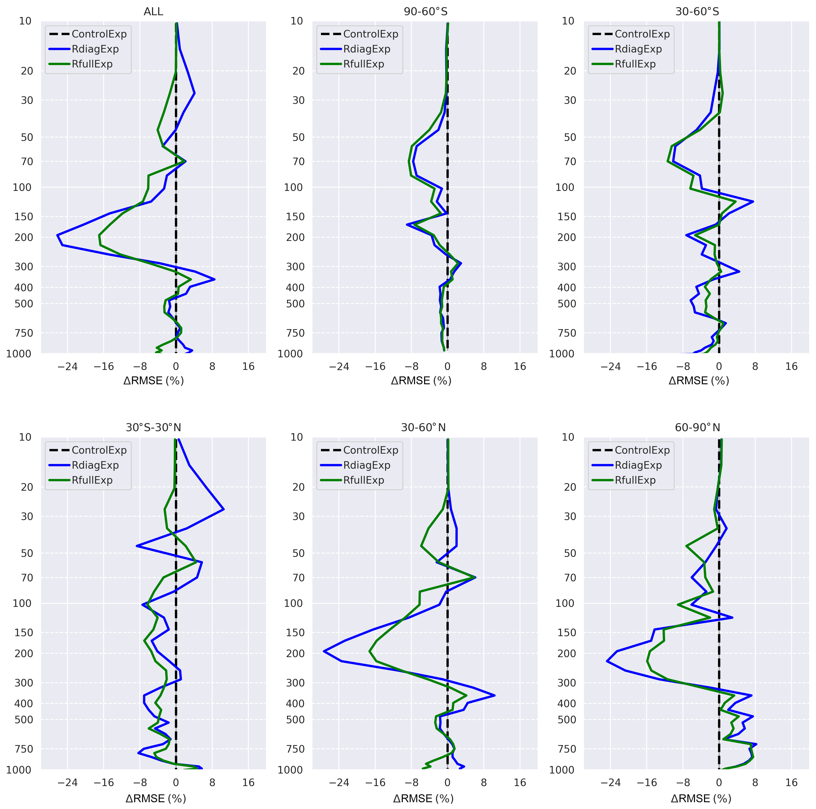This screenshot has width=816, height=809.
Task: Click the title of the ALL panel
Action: coord(153,12)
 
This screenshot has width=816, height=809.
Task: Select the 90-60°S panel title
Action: coord(425,12)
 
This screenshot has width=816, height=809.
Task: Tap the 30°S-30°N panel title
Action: coord(153,427)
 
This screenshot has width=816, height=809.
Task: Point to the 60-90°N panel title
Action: coord(697,427)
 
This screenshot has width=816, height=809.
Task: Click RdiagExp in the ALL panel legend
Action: coord(95,49)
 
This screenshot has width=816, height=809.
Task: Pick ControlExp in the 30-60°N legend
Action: coord(370,450)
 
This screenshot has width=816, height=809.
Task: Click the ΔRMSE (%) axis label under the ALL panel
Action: coord(153,381)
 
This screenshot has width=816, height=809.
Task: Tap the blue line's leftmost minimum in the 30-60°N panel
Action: coord(324,651)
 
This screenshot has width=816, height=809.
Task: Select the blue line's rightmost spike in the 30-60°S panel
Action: coord(753,202)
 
